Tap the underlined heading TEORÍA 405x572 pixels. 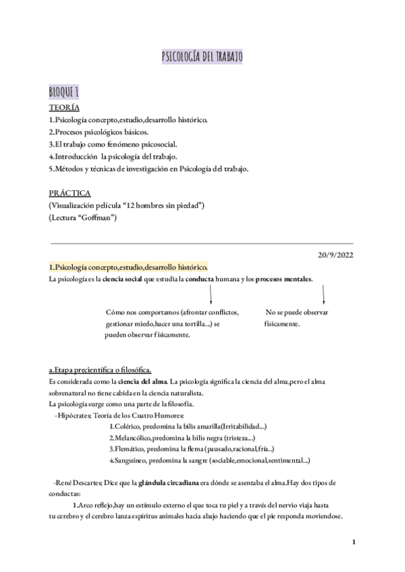pos(64,108)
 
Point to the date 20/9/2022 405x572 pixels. pos(335,254)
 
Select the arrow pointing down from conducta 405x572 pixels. pos(211,293)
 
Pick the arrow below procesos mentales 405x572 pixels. pos(324,293)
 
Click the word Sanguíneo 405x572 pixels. pos(133,460)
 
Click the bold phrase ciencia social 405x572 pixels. pos(122,280)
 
